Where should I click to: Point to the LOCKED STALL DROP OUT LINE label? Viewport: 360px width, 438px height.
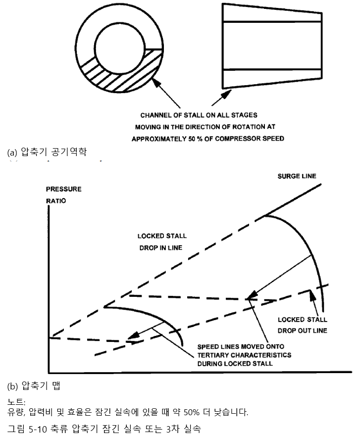click(x=302, y=325)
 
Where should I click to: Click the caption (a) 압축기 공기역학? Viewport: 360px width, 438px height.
click(x=47, y=152)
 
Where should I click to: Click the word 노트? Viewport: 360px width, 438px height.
click(x=16, y=402)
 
